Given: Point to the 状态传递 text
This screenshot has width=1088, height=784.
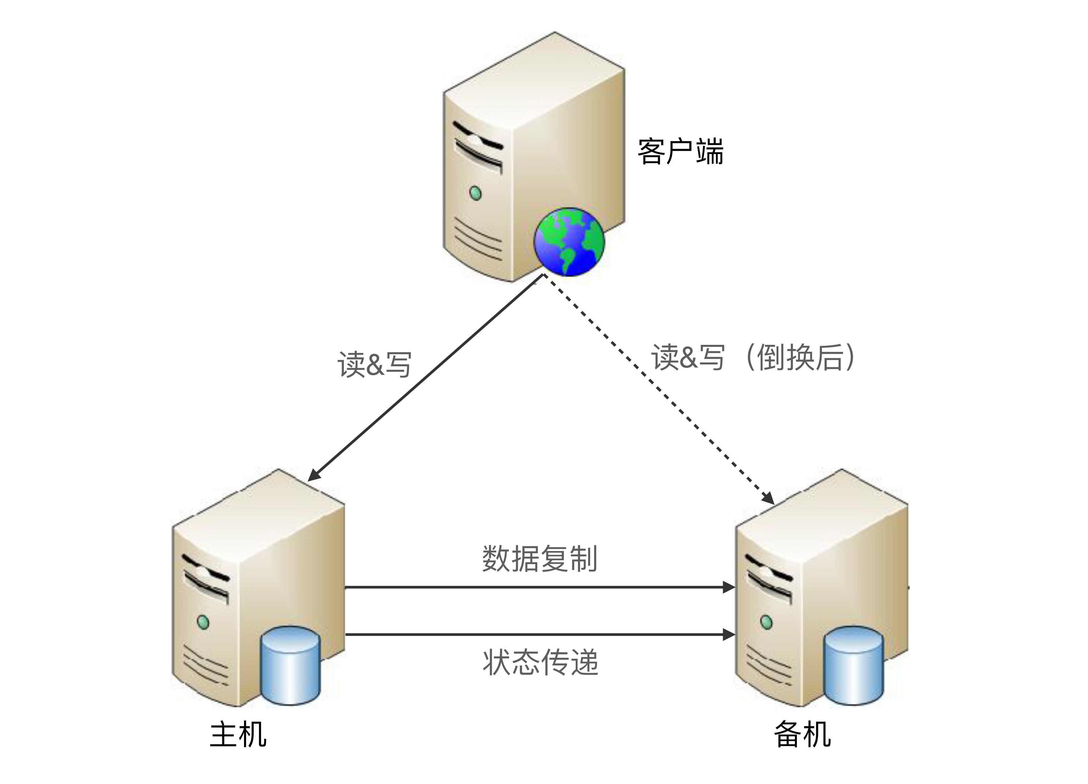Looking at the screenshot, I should tap(540, 662).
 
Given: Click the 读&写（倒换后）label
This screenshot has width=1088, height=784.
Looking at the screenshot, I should tap(753, 357).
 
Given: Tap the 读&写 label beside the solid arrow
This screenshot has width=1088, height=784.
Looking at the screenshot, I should tap(374, 364).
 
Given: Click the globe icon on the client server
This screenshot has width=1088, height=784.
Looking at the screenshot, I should tap(569, 241).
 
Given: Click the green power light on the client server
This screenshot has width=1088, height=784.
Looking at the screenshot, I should tap(475, 193).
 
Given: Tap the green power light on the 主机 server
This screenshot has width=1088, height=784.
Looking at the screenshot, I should tap(203, 622).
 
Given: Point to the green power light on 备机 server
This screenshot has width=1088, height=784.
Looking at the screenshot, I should tap(767, 622).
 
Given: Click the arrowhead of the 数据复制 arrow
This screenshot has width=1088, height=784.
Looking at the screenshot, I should tap(729, 587).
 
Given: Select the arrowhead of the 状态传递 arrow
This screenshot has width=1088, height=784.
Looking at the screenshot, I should tap(729, 634).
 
